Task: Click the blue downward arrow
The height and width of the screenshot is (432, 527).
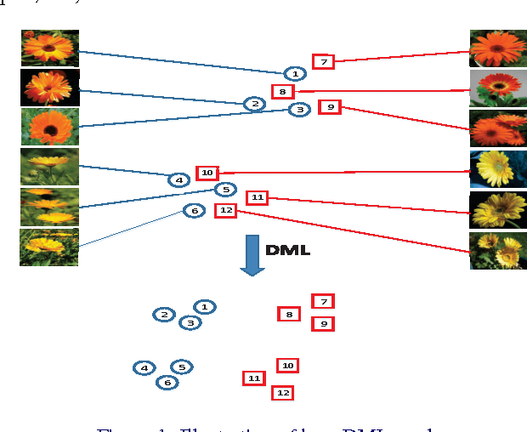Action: pyautogui.click(x=252, y=254)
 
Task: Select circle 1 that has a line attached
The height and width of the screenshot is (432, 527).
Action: pyautogui.click(x=294, y=74)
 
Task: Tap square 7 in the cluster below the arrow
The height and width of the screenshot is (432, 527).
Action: pyautogui.click(x=322, y=301)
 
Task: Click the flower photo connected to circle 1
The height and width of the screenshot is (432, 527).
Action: pyautogui.click(x=50, y=48)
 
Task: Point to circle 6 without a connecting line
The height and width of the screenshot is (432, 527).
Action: pyautogui.click(x=167, y=382)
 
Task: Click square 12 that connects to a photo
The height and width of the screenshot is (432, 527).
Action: pyautogui.click(x=225, y=210)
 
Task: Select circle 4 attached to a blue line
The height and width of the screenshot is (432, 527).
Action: pyautogui.click(x=178, y=179)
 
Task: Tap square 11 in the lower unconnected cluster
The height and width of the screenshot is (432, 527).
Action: pyautogui.click(x=253, y=378)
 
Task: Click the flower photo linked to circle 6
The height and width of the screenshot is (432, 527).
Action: pyautogui.click(x=49, y=247)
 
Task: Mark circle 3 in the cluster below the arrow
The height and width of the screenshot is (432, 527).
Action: pyautogui.click(x=190, y=322)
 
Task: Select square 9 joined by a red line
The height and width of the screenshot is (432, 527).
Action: pyautogui.click(x=330, y=107)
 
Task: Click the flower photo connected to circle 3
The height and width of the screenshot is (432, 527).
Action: pyautogui.click(x=50, y=127)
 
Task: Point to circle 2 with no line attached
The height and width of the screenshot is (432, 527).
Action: pyautogui.click(x=164, y=315)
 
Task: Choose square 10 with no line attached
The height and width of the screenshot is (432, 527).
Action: pyautogui.click(x=287, y=366)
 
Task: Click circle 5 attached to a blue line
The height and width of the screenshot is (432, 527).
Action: pyautogui.click(x=225, y=190)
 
